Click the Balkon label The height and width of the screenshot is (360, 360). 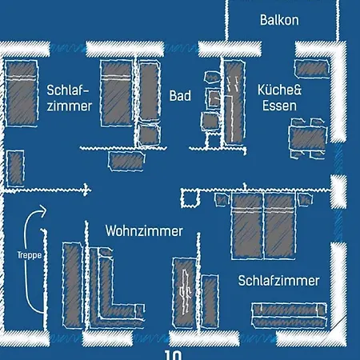coord(279,20)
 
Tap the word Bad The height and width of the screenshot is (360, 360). coord(180,96)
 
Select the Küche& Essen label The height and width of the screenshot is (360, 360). coord(279,98)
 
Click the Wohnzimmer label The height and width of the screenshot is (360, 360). coord(144,231)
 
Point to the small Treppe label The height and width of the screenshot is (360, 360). coord(30,255)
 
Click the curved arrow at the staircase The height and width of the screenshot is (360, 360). coord(26,256)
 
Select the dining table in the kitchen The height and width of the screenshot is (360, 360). coord(308,138)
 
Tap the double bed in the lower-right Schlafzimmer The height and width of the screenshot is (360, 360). coord(263,226)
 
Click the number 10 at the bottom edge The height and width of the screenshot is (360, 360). coord(173,355)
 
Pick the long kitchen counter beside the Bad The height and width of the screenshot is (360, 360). coord(234,102)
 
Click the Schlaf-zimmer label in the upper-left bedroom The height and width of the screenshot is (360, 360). coord(70,98)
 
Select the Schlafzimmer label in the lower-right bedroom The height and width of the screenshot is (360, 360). coord(278,281)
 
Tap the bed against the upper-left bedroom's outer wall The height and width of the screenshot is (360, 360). coord(21,93)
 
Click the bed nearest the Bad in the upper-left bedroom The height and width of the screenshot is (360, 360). coord(117,93)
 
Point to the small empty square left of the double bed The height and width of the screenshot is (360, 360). coord(190,198)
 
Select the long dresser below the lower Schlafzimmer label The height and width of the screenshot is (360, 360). coord(290,315)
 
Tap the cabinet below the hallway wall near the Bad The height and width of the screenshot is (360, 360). coord(126,161)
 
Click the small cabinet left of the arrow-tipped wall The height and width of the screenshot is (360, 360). coord(15,168)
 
